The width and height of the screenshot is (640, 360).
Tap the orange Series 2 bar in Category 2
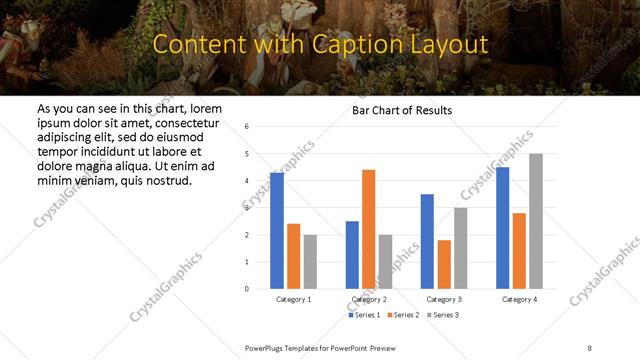368,229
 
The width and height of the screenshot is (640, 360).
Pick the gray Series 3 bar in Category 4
536,221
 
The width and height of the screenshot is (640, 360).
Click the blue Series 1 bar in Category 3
427,241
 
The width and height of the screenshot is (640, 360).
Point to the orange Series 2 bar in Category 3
444,264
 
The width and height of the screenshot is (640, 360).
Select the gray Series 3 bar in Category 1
310,261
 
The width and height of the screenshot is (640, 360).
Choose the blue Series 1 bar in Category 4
502,228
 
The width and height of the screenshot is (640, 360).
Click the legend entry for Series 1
365,315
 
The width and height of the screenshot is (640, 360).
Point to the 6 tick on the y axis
246,127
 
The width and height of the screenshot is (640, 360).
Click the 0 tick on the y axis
246,289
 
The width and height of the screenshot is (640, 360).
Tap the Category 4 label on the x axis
519,299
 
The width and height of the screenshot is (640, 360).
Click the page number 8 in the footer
590,346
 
